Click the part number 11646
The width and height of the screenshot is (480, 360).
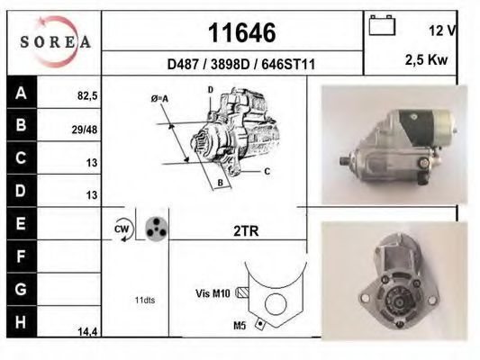coord(242,32)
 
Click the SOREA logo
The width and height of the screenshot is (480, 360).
coord(56,41)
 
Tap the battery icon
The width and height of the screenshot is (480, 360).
coord(382,25)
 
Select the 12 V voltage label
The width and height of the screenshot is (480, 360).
coord(442,31)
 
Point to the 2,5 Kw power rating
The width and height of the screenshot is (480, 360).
coord(426,59)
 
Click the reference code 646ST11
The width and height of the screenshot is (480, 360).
coord(288,65)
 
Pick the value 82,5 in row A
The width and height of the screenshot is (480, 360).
coord(87,96)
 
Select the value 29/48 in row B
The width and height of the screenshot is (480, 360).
coord(85,130)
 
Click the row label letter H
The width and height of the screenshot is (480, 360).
coord(21,322)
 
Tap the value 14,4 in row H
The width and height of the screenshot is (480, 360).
coord(87,331)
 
